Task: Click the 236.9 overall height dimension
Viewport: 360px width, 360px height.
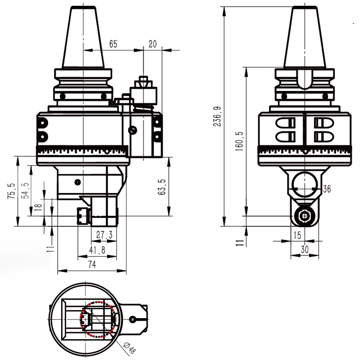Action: [218, 116]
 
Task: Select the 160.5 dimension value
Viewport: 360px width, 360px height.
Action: [239, 141]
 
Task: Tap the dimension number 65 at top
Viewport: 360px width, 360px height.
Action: [112, 44]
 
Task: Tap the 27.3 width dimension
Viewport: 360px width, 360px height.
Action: [104, 234]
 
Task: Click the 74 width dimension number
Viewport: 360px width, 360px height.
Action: [92, 265]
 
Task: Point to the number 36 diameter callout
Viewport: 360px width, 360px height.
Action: [327, 189]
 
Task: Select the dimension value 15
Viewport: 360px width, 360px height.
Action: [297, 234]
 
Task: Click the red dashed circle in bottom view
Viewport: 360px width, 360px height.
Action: [81, 319]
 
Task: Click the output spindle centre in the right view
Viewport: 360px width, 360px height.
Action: [306, 216]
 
